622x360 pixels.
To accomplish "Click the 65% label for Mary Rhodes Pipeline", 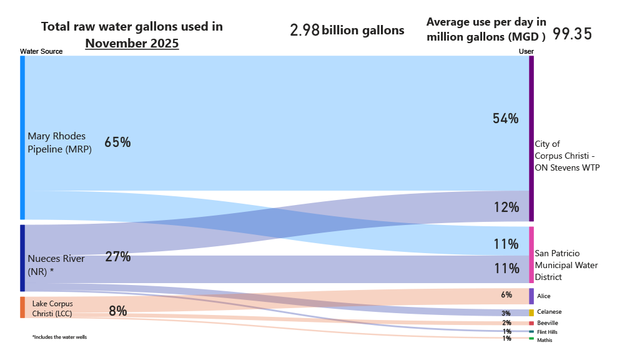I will click(x=117, y=142).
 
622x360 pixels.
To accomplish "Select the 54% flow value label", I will click(x=505, y=118).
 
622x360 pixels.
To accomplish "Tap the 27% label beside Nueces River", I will click(x=117, y=256).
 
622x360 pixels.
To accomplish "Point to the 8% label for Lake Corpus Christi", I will click(x=117, y=310).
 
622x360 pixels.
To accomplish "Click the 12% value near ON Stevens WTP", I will click(x=505, y=207).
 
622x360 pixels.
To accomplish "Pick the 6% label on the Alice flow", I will click(x=506, y=295).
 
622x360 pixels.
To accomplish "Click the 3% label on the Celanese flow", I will click(x=506, y=313).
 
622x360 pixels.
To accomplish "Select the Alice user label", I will click(x=543, y=296).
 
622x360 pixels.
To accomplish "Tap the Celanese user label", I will click(x=549, y=312).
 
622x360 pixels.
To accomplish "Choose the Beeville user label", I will click(x=548, y=322).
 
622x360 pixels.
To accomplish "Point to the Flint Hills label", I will click(x=547, y=332).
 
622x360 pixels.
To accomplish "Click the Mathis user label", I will click(x=544, y=340).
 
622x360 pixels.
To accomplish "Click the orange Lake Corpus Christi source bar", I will click(x=22, y=307).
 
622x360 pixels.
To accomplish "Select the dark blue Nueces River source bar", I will click(x=22, y=257).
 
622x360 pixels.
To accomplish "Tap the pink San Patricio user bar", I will click(x=531, y=254).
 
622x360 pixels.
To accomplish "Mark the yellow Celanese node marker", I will click(x=531, y=312).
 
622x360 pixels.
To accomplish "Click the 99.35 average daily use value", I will click(x=572, y=34).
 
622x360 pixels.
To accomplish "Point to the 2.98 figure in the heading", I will click(x=305, y=30).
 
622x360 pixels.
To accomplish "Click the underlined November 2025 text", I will click(x=132, y=44).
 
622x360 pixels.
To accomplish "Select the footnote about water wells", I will click(x=59, y=337).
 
